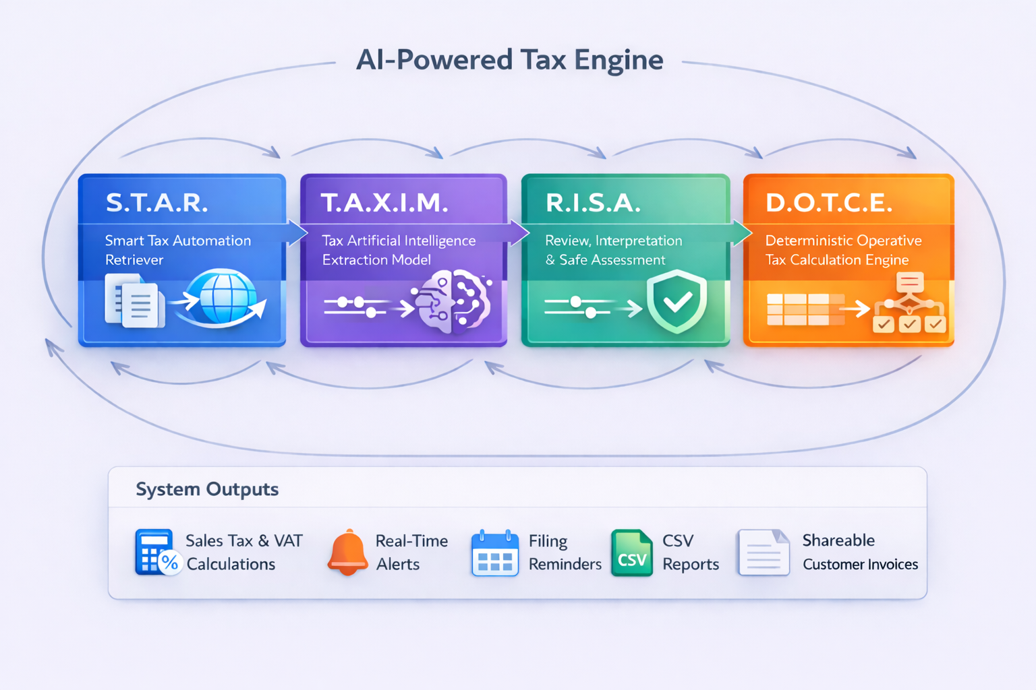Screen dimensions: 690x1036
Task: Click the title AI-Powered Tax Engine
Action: pos(509,60)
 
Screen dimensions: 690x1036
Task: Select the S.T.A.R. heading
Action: pos(157,202)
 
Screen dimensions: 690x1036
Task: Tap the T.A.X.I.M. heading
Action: pos(384,202)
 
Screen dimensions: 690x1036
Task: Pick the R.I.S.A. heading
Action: pos(593,202)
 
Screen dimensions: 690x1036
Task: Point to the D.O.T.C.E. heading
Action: pos(830,202)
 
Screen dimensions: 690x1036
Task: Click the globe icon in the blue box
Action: pos(223,297)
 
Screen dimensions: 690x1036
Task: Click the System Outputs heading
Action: pos(207,489)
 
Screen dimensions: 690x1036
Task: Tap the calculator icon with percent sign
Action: pos(156,552)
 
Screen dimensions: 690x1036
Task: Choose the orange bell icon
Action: pos(348,552)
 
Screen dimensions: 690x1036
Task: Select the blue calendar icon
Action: pos(495,553)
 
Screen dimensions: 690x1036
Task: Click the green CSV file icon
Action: pos(631,553)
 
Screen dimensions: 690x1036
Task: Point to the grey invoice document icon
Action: pos(764,553)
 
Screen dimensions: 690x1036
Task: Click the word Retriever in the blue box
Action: pos(134,260)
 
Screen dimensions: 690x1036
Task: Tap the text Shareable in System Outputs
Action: pos(838,540)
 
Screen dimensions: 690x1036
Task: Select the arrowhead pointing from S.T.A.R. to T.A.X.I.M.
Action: pos(297,232)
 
